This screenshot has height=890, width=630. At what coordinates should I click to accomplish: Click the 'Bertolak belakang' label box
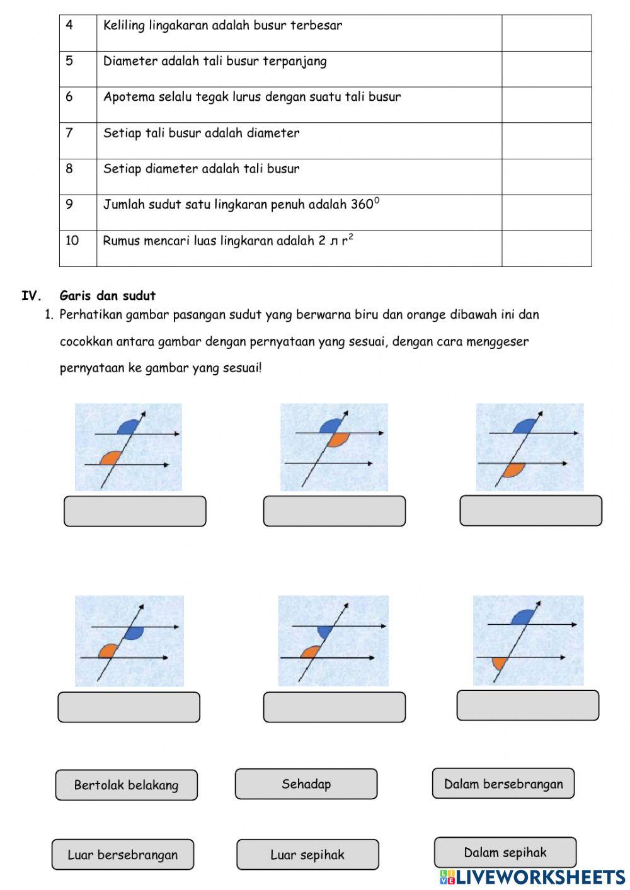pos(126,785)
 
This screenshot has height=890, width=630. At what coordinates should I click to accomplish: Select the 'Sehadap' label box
pos(306,784)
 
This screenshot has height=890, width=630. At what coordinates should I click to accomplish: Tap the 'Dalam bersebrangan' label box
pos(503,784)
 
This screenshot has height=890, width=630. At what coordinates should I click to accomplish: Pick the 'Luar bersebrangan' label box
pos(123,855)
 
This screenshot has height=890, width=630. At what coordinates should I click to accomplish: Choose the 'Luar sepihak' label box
pos(307,855)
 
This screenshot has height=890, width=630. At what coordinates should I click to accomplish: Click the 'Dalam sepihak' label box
pos(505,852)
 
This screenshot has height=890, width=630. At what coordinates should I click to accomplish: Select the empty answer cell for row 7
pos(546,140)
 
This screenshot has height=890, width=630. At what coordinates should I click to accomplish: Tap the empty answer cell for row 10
pos(546,248)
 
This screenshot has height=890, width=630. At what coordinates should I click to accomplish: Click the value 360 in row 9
pos(362,205)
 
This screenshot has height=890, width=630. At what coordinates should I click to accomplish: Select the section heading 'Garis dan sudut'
pos(108,296)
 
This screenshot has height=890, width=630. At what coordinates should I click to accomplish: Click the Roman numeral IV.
pos(31,296)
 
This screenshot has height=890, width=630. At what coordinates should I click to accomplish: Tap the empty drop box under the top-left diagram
pos(135,511)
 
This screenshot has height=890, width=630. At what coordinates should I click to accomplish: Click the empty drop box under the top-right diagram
pos(530,511)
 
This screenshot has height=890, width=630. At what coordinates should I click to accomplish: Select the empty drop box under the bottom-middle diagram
pos(334,707)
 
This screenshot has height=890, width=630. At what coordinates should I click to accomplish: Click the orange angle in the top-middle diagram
pos(339,439)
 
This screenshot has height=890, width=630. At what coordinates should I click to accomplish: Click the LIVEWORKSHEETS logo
pos(532,877)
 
